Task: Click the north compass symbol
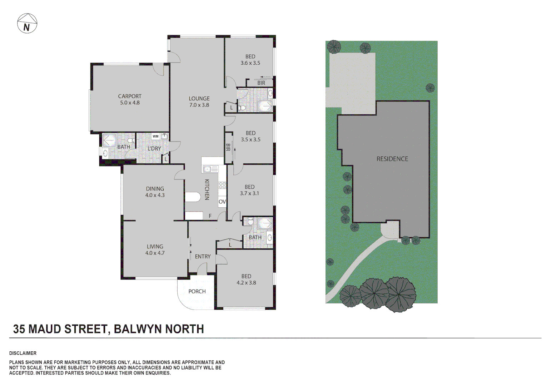(27, 23)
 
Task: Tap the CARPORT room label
(130, 96)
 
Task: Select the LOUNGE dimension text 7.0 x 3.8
(199, 105)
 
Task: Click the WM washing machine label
(155, 136)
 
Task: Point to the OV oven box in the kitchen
(222, 202)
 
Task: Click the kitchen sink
(210, 169)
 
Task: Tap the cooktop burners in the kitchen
(222, 185)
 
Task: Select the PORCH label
(197, 292)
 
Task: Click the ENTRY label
(203, 257)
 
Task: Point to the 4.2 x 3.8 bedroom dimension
(246, 283)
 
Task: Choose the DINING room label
(155, 189)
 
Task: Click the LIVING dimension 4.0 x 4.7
(155, 253)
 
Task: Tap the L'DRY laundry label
(154, 149)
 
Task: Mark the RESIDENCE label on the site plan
(392, 159)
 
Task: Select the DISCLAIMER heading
(23, 353)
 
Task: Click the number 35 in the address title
(19, 329)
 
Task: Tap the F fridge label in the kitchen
(210, 216)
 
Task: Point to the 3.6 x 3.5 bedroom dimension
(250, 63)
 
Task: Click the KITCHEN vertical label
(207, 189)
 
